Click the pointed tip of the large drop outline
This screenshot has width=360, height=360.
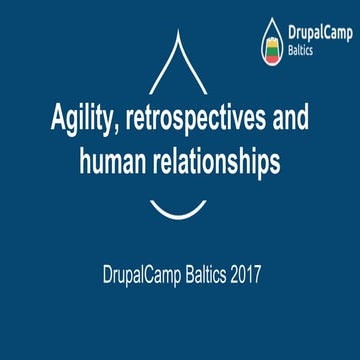pyautogui.click(x=180, y=32)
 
